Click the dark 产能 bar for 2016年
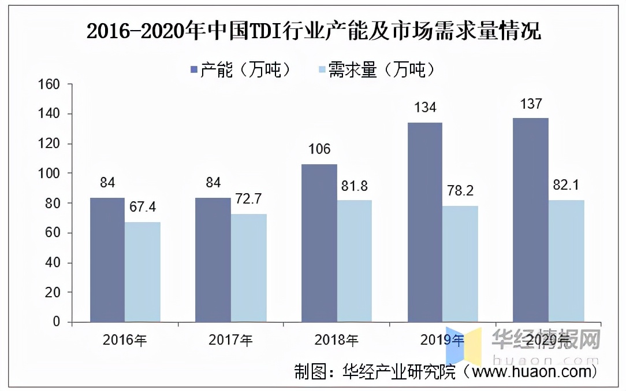click(x=107, y=260)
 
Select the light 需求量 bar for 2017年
click(x=248, y=268)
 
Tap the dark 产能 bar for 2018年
click(x=319, y=243)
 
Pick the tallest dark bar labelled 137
click(x=531, y=220)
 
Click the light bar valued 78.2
click(x=460, y=264)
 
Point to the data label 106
click(x=319, y=149)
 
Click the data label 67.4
click(x=142, y=207)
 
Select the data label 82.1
click(x=567, y=185)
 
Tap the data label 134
click(x=424, y=108)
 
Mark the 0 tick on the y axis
click(x=57, y=322)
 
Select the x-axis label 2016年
click(x=125, y=340)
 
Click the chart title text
click(x=314, y=32)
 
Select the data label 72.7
click(x=248, y=200)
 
